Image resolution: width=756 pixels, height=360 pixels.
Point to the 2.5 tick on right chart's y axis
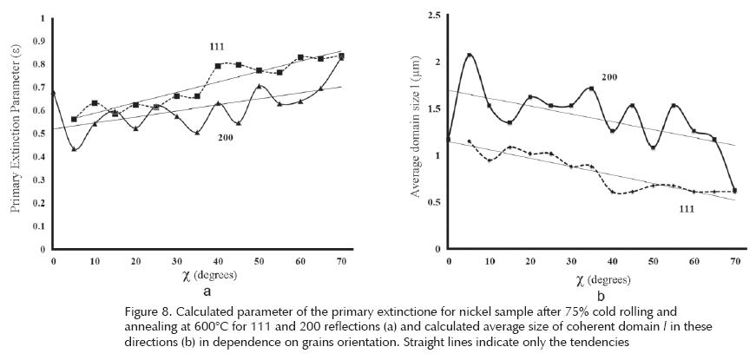431,15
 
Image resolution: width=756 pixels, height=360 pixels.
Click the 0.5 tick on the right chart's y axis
431,202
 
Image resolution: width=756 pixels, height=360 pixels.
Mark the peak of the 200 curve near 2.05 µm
470,56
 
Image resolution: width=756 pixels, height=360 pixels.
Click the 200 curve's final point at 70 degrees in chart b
735,190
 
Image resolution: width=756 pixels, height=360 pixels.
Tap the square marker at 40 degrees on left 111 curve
218,66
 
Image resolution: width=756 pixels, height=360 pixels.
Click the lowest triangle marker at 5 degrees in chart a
74,149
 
